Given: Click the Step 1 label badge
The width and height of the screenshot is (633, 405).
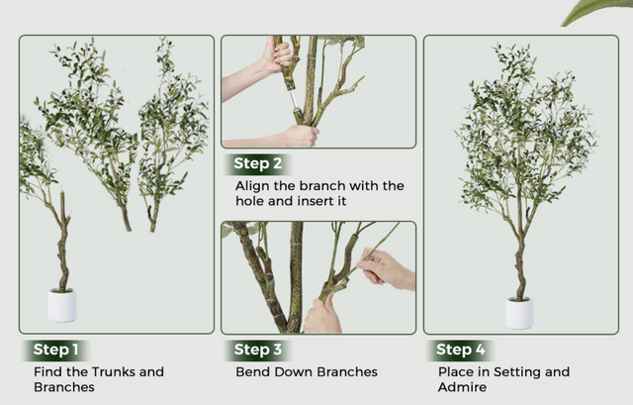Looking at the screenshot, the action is [x=55, y=350].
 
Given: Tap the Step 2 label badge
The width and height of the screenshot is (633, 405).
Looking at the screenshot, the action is [x=257, y=163].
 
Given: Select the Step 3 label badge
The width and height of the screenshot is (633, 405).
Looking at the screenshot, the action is [x=257, y=350].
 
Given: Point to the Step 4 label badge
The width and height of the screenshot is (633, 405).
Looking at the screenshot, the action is [x=460, y=350].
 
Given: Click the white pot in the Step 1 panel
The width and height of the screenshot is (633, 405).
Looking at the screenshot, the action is [x=62, y=305].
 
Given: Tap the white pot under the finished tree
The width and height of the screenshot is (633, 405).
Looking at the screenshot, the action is [x=519, y=313].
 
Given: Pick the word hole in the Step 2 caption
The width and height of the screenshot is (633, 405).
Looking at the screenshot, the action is [x=250, y=201].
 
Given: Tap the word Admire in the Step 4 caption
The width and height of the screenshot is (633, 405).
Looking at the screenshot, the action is [x=462, y=387].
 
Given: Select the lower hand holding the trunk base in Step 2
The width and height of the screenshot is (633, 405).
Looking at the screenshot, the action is [x=301, y=136].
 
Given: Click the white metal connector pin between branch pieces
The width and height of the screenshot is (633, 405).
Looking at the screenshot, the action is [x=294, y=100].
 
